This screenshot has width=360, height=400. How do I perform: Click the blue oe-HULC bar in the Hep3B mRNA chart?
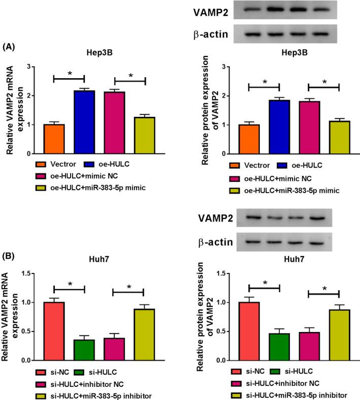[84, 122]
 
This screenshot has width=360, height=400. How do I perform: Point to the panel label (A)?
[10, 46]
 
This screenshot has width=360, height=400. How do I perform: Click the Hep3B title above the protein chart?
[285, 52]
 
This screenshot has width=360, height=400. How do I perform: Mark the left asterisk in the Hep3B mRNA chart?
[70, 74]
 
